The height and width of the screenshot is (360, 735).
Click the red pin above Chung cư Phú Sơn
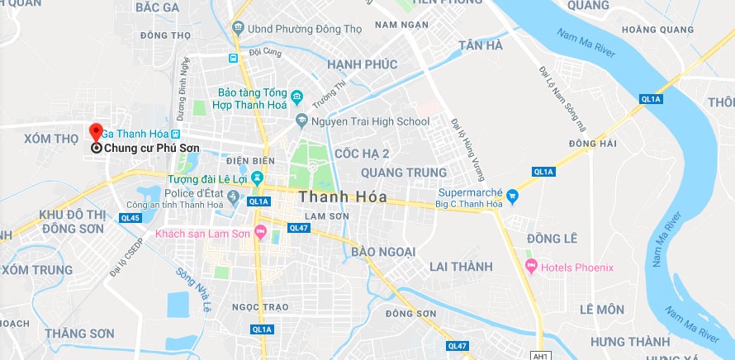[x=96, y=131]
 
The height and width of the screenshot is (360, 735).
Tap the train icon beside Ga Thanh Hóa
[x=175, y=133]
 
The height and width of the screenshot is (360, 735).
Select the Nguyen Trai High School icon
[x=301, y=121]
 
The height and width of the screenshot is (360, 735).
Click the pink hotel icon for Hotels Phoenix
[x=530, y=267]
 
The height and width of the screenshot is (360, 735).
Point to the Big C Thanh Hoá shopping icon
[x=512, y=196]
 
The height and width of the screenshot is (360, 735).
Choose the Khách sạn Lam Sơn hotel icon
[x=261, y=234]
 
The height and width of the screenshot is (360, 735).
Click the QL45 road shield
[x=130, y=218]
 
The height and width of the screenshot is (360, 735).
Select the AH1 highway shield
[x=542, y=356]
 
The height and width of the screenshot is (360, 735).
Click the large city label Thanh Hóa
[x=339, y=197]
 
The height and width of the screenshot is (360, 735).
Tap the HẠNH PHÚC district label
[x=362, y=64]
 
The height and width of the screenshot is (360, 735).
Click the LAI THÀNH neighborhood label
[x=461, y=267]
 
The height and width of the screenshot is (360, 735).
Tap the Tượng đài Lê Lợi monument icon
[x=258, y=178]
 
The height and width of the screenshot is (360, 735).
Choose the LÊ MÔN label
[x=601, y=310]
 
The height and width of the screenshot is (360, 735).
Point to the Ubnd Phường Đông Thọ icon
[x=238, y=28]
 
